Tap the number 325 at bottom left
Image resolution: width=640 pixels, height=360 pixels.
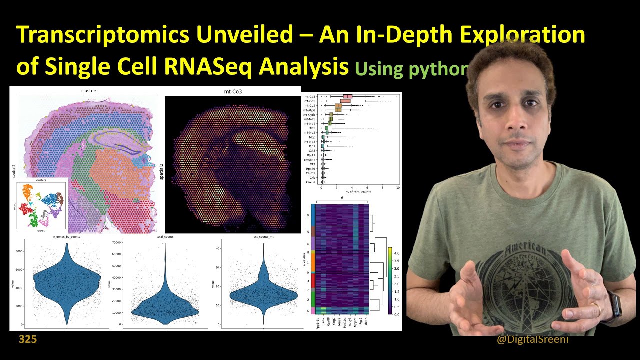point(28,340)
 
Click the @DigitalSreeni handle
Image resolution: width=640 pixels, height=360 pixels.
point(532,340)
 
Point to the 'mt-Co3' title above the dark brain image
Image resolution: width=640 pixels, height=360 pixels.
point(227,92)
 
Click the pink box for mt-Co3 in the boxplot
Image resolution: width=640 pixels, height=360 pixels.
point(347,96)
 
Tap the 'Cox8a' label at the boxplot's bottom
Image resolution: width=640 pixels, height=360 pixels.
point(310,182)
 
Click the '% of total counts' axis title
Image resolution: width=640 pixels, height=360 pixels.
point(359,193)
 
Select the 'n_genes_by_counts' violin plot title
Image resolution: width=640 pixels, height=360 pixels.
point(66,236)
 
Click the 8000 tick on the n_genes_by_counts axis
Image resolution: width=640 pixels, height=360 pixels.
point(20,252)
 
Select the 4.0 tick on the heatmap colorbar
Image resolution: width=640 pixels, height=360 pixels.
point(396,253)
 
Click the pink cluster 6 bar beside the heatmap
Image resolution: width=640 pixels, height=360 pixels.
point(313,311)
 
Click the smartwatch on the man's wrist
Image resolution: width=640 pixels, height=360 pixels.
point(616,306)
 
